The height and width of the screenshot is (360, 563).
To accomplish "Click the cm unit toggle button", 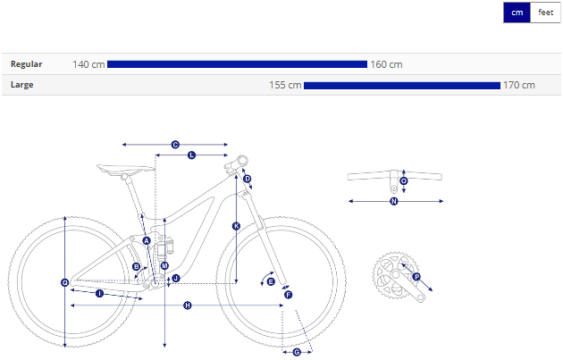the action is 517,13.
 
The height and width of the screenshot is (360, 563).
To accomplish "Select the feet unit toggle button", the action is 545,13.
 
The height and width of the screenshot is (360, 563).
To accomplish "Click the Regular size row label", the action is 27,64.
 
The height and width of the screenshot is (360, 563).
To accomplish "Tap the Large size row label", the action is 22,85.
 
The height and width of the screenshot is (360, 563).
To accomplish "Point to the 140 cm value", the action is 88,64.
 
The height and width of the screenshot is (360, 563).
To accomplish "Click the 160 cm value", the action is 386,64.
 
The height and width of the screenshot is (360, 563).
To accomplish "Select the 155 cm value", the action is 285,85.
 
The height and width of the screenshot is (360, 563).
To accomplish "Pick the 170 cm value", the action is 519,85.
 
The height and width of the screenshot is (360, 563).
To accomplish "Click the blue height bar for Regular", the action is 237,64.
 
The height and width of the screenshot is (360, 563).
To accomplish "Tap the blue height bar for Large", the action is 402,86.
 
